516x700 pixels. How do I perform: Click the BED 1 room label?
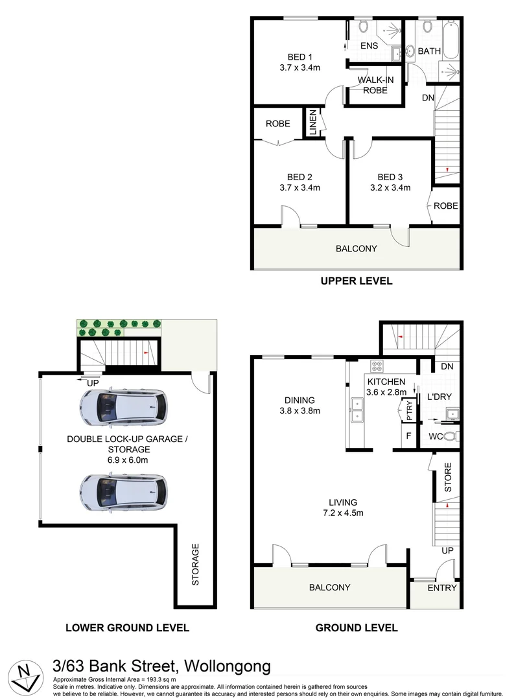point(300,58)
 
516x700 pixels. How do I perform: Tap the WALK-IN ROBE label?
point(372,85)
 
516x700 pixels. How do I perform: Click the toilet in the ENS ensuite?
point(364,27)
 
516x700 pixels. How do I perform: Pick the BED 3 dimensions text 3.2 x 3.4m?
point(394,188)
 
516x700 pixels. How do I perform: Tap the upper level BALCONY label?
point(356,249)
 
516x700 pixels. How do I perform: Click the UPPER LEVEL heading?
point(356,281)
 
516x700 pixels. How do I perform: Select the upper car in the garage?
point(123,406)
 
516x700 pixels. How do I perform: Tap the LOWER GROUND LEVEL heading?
point(127,627)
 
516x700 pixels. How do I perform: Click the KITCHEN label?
point(386,382)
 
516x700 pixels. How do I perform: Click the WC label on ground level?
point(436,436)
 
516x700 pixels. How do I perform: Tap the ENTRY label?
point(442,588)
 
